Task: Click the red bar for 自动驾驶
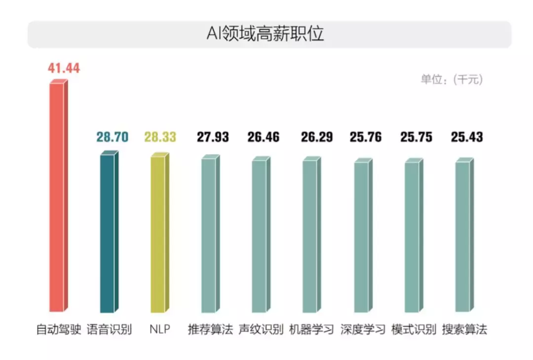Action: tap(57, 198)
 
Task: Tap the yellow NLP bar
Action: tap(158, 235)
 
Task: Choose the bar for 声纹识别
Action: tap(260, 236)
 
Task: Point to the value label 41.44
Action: tap(64, 68)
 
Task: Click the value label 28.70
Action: tap(113, 137)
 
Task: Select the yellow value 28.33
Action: tap(160, 137)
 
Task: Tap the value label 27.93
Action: tap(213, 137)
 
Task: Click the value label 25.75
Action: tap(417, 137)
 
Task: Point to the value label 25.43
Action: tap(467, 137)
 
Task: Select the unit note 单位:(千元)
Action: tap(452, 80)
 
